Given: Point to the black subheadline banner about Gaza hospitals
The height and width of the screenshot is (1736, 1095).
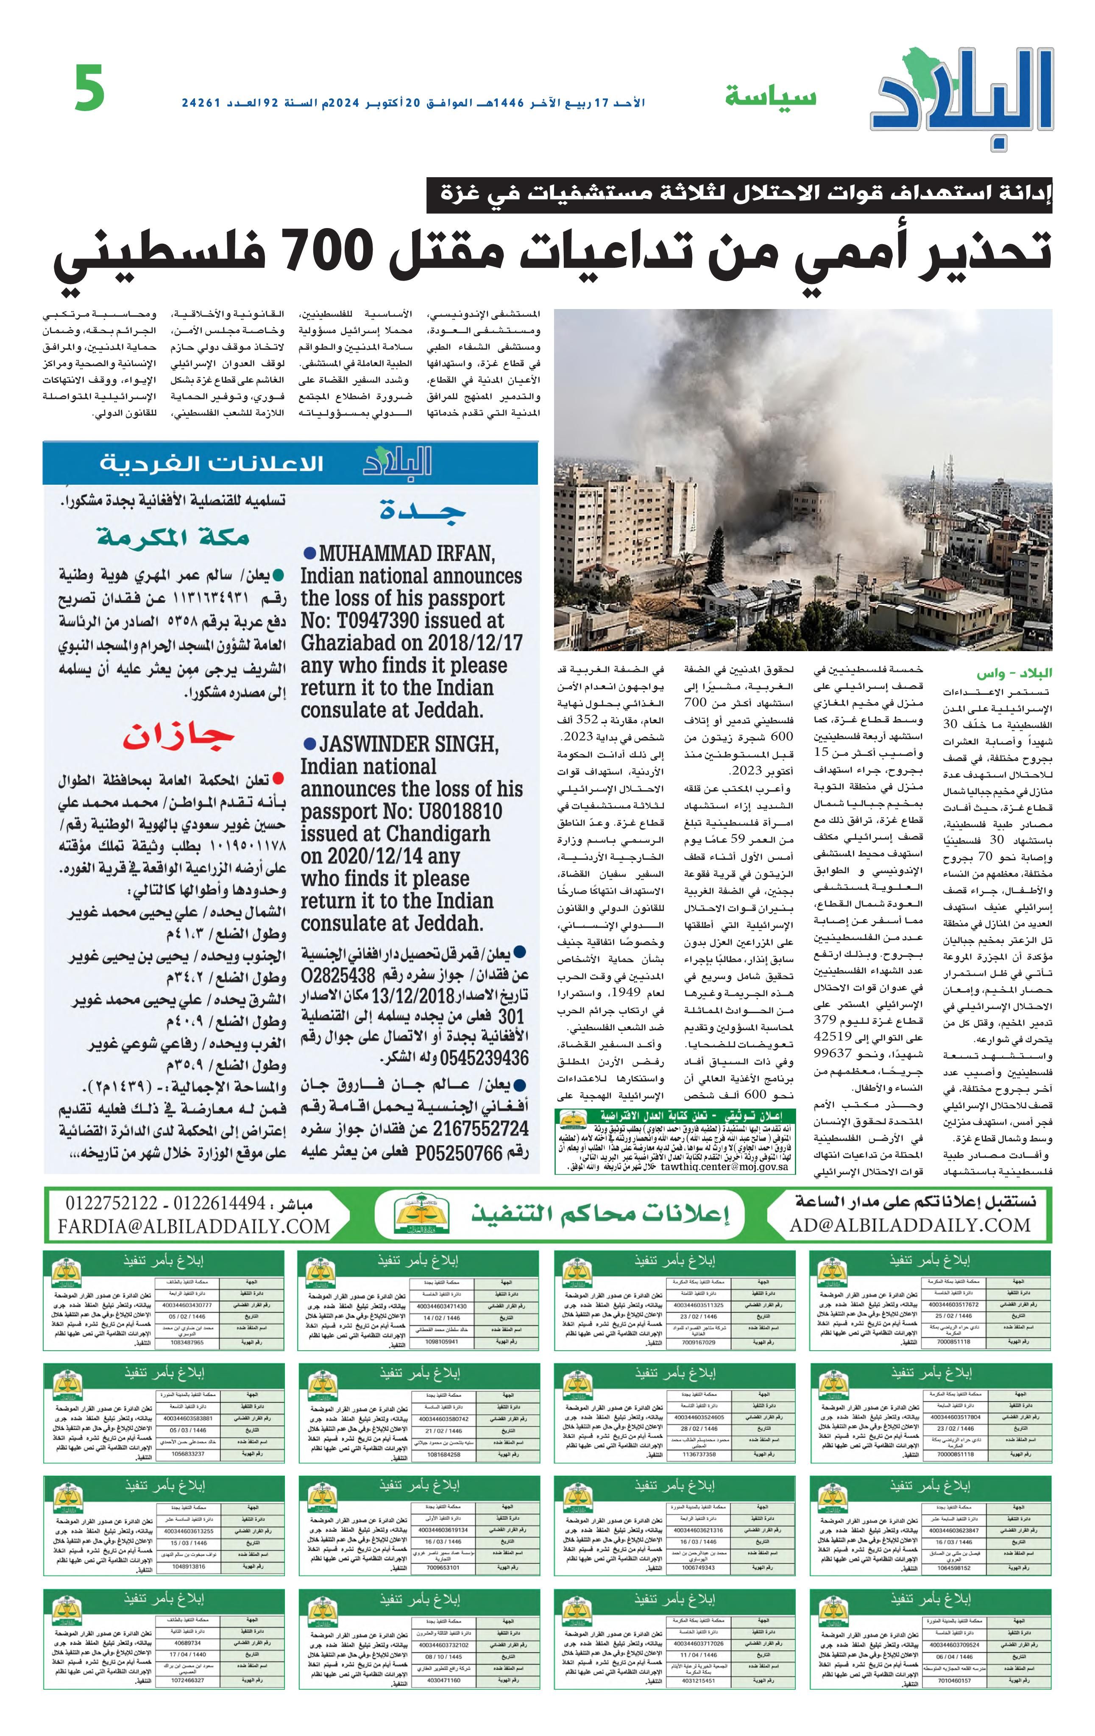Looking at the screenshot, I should click(x=739, y=194).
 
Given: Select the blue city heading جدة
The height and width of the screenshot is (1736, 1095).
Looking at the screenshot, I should click(x=422, y=511).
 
